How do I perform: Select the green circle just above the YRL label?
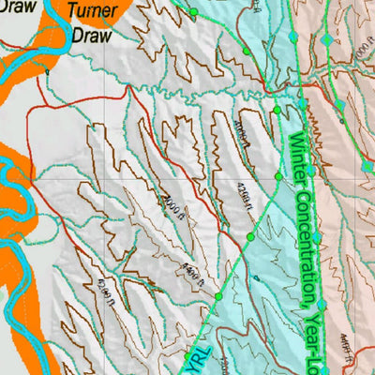click(x=219, y=296)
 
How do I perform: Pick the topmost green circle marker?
click(x=193, y=12)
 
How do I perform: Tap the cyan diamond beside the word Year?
click(x=321, y=305)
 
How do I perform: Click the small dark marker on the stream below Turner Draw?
click(x=46, y=70)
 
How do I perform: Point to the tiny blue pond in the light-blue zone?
click(x=255, y=277)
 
